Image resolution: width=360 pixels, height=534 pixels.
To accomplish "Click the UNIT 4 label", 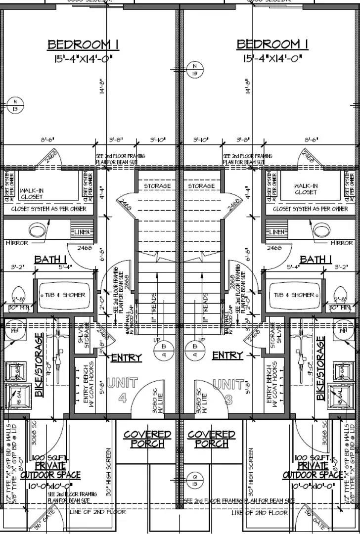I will click(x=123, y=390).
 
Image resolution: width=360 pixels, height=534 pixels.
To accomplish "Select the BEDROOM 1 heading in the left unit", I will click(x=83, y=44).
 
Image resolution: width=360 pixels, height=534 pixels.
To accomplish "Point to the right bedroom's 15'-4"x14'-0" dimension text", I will click(x=272, y=59).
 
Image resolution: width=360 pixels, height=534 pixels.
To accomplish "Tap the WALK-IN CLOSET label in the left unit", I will click(x=31, y=193).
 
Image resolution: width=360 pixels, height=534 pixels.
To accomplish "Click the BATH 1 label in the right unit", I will click(x=315, y=260).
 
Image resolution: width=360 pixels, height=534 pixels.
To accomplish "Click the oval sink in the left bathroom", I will click(x=39, y=230).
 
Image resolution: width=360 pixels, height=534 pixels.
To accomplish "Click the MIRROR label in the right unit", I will click(x=342, y=243).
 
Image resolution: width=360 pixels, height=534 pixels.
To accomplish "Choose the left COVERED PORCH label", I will click(x=147, y=439).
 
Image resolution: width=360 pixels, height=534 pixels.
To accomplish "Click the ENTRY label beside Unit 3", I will click(x=227, y=356).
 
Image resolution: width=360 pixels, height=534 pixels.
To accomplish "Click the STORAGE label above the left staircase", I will click(x=157, y=186).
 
